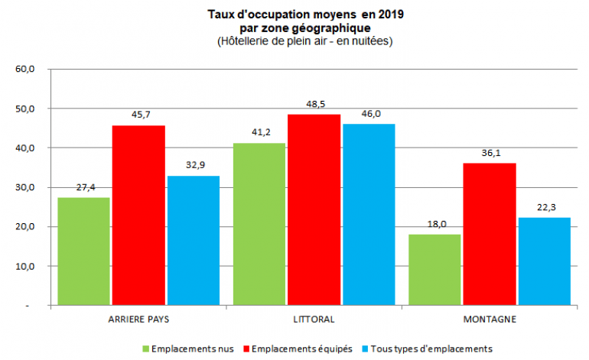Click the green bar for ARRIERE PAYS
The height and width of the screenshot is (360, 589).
(83, 251)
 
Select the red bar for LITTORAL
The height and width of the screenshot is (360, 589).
(314, 210)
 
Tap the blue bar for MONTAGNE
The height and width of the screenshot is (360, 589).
(544, 261)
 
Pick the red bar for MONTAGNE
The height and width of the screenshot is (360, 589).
(489, 234)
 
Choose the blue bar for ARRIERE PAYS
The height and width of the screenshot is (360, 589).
(194, 241)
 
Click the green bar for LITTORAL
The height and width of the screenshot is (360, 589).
(259, 224)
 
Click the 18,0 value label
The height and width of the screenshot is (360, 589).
(434, 224)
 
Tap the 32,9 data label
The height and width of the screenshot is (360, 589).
(194, 165)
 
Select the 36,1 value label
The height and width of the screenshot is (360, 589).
(489, 153)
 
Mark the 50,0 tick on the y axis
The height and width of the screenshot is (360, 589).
(25, 109)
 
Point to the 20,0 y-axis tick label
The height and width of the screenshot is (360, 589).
(25, 227)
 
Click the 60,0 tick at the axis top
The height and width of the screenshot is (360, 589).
(25, 69)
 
